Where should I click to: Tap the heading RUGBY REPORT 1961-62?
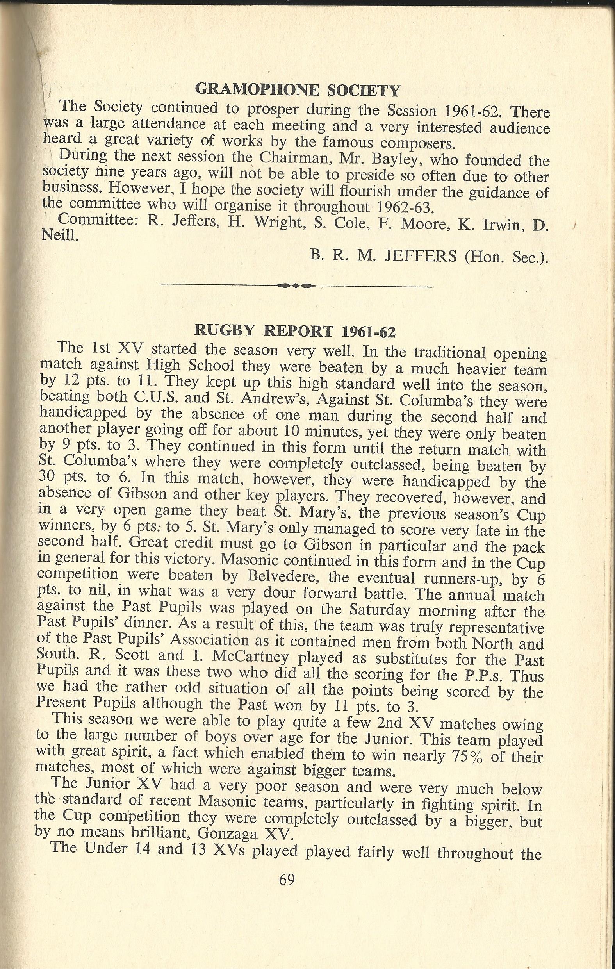click(295, 331)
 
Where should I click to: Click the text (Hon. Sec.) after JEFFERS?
click(506, 256)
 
